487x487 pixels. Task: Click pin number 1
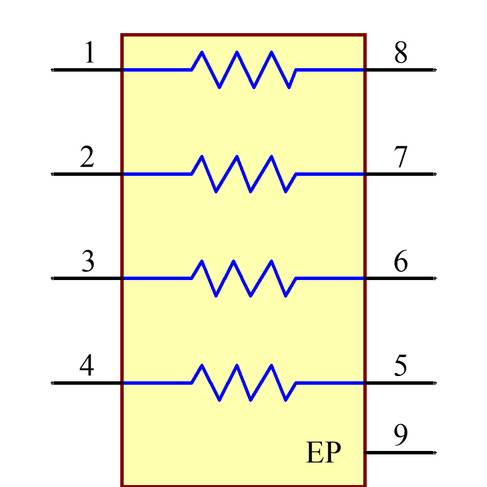(x=90, y=53)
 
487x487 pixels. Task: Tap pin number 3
(x=88, y=262)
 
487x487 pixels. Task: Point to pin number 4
(x=87, y=366)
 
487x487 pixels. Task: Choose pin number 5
(x=400, y=366)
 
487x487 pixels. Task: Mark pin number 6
(x=400, y=262)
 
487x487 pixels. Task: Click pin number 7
(x=400, y=157)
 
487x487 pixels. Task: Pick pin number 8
(x=400, y=53)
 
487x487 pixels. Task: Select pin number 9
(x=400, y=435)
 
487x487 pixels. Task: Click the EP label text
(x=323, y=453)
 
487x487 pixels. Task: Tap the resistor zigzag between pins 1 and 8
(x=244, y=70)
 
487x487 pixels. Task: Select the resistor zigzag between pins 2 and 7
(x=244, y=174)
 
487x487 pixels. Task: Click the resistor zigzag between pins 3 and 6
(x=244, y=278)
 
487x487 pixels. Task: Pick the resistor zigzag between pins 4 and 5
(x=244, y=383)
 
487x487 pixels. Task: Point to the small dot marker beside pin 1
(x=52, y=70)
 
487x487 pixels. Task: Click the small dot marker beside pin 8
(x=435, y=70)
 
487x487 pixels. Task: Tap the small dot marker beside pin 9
(x=435, y=452)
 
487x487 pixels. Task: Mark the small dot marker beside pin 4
(x=52, y=383)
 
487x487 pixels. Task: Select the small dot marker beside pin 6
(x=435, y=278)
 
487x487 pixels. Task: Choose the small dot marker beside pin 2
(x=52, y=174)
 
